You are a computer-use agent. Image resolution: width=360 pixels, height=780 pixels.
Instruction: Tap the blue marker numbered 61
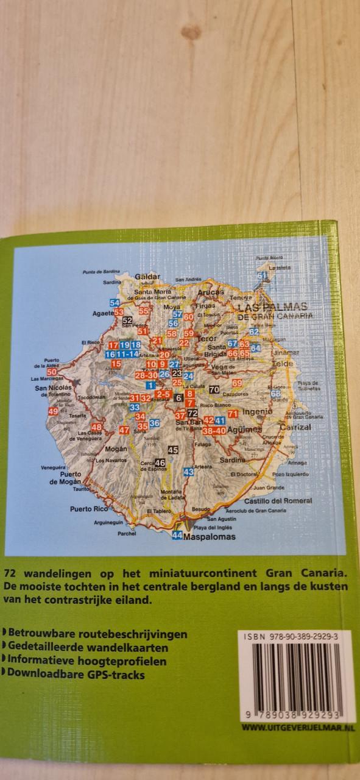pyautogui.click(x=263, y=276)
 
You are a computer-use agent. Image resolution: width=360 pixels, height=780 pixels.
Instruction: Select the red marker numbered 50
pyautogui.click(x=52, y=372)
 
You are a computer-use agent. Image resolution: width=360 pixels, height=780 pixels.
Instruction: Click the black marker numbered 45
pyautogui.click(x=172, y=450)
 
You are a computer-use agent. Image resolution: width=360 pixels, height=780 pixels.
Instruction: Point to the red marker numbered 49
pyautogui.click(x=53, y=412)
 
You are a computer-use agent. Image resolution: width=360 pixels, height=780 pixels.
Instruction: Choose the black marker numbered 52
pyautogui.click(x=127, y=321)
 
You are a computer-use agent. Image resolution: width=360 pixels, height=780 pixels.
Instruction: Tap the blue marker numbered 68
pyautogui.click(x=275, y=394)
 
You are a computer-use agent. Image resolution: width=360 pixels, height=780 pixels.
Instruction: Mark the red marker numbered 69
pyautogui.click(x=237, y=382)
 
